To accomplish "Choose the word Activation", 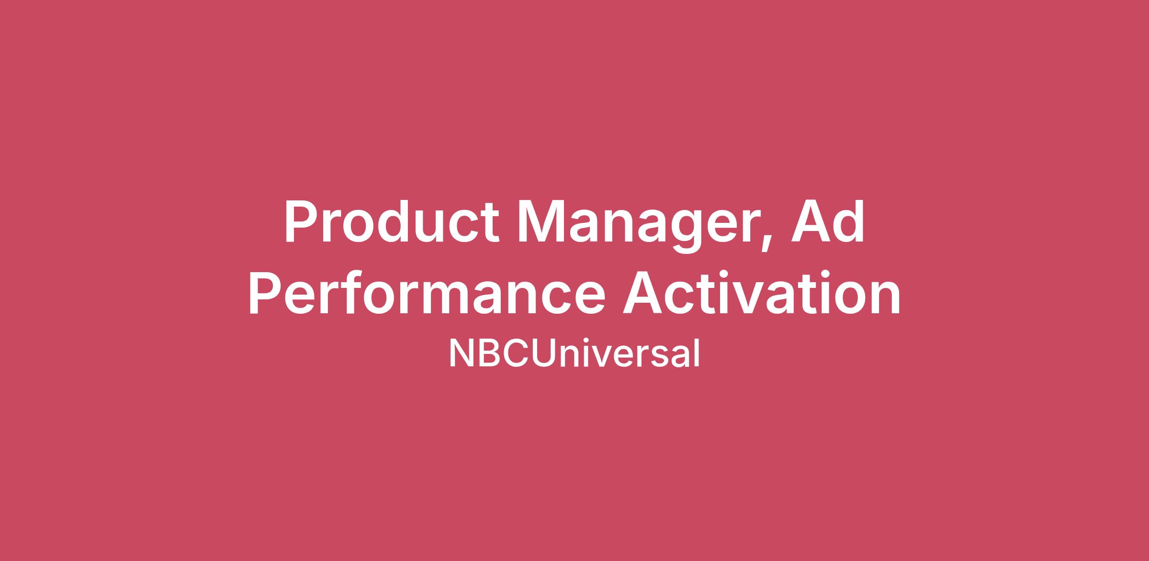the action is [762, 292].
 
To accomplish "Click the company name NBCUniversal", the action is [574, 353].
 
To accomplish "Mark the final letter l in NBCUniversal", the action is [697, 353].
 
